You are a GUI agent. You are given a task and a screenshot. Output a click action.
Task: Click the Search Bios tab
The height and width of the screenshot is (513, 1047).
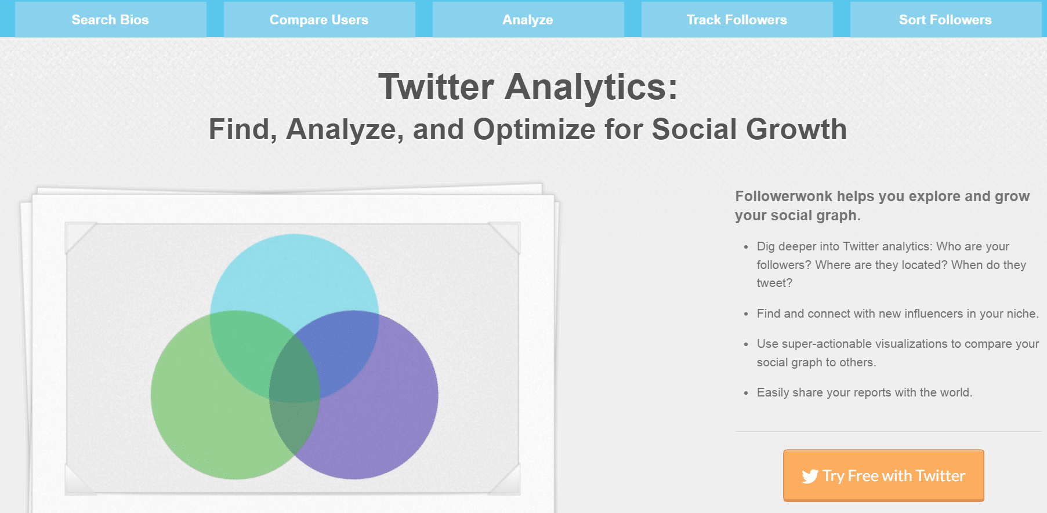point(110,19)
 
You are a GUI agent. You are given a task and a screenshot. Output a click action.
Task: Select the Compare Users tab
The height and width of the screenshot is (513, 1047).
point(319,19)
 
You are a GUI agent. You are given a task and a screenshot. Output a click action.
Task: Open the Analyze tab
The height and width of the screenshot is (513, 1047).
point(528,19)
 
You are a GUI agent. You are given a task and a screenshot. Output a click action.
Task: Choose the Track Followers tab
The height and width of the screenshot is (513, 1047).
point(737,19)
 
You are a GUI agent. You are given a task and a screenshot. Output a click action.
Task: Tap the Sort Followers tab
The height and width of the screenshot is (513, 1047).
point(945,19)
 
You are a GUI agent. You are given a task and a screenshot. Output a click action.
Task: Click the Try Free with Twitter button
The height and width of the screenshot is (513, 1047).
point(883,475)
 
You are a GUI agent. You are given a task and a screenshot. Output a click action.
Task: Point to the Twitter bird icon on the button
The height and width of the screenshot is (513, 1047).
point(810,476)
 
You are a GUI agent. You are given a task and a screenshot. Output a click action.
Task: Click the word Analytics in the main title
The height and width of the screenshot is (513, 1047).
point(591,88)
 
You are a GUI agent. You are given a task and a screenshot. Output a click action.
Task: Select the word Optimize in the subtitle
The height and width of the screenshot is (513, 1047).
point(534,129)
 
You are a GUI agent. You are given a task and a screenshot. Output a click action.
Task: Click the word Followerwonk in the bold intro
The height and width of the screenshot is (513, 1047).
point(784,196)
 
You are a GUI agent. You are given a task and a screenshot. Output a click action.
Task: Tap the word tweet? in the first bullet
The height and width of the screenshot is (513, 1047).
point(774,283)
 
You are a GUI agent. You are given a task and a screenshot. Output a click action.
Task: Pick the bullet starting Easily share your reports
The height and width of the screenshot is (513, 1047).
point(864,392)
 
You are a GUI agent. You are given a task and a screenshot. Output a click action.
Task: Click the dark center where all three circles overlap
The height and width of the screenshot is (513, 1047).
point(295,371)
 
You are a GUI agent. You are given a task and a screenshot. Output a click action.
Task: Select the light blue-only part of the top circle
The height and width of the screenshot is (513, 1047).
point(294,272)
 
